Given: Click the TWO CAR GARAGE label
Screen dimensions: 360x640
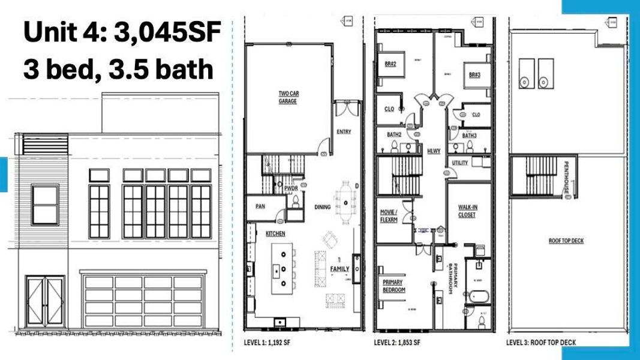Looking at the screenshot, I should (x=288, y=97).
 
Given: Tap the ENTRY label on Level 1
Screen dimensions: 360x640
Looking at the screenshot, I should (x=344, y=132).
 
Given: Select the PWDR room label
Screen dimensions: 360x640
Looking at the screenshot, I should (x=292, y=188).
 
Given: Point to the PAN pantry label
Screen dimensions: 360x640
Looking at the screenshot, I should (x=260, y=206).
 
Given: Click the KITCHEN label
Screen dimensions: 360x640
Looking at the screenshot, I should (x=275, y=233).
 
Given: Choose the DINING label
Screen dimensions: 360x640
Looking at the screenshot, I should (x=322, y=207).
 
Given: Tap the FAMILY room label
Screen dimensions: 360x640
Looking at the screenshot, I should (x=339, y=269).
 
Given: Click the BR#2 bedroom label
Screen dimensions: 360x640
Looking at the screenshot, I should (x=390, y=64).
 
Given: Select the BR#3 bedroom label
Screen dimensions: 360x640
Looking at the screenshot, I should (x=474, y=76).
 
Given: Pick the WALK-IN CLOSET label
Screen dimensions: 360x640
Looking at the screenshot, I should (x=467, y=211).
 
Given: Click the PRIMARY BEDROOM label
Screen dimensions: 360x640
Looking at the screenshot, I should (x=394, y=286).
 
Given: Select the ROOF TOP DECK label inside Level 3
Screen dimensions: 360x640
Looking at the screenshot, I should (x=566, y=241).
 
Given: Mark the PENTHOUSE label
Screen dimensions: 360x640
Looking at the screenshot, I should (x=566, y=178).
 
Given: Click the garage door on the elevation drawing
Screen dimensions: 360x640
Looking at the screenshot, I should (x=143, y=302).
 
